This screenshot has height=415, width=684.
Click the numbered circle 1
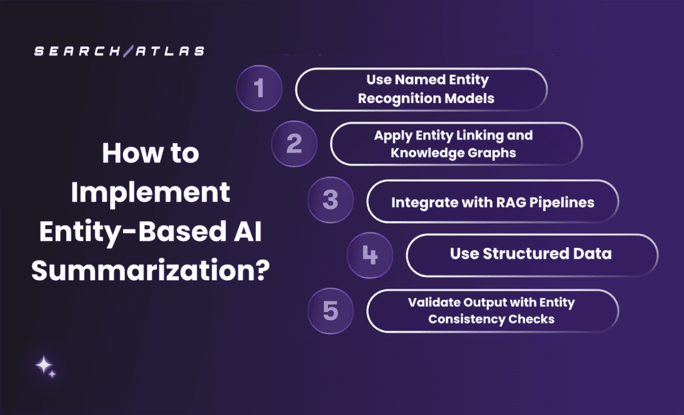point(260,88)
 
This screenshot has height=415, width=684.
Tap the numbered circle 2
point(294,144)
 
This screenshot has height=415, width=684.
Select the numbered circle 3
point(331,200)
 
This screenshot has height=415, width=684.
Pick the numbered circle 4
point(369,255)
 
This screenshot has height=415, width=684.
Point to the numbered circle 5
point(331,310)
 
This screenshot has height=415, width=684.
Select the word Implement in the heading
point(151,193)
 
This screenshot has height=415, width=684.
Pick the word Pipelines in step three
point(560,202)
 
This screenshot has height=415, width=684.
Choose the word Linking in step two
point(480,135)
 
